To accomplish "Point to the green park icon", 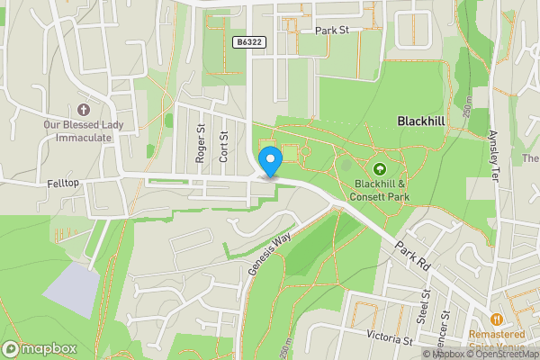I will [x=379, y=168].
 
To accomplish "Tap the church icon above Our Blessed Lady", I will [x=85, y=109].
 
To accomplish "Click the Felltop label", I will [x=64, y=183].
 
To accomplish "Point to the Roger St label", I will [x=201, y=144].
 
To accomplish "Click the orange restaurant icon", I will [x=496, y=319].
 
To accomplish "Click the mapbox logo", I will [x=37, y=348].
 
